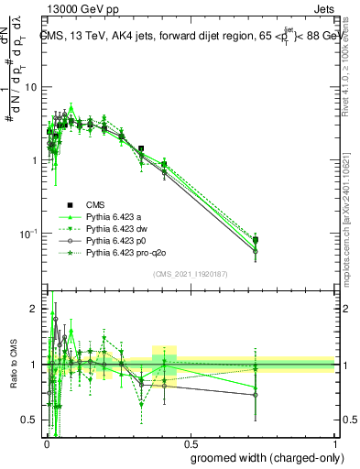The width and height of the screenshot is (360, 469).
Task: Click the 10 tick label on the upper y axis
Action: (31, 87)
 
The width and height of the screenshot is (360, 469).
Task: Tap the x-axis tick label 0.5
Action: (191, 442)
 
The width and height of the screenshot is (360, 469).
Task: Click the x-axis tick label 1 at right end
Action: (334, 442)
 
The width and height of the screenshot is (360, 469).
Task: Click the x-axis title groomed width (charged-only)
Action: (262, 456)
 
